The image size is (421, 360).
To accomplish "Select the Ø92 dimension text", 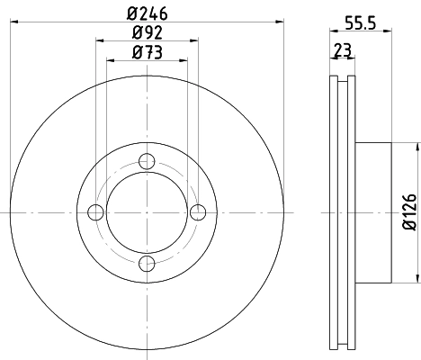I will (148, 35).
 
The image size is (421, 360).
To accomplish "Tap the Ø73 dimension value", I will (148, 53).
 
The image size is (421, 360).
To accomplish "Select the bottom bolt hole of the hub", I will (148, 263).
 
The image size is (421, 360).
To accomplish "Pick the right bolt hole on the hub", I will (199, 211).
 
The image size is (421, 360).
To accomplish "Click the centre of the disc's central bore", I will (148, 211).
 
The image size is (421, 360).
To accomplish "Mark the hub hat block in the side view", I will (373, 211).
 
